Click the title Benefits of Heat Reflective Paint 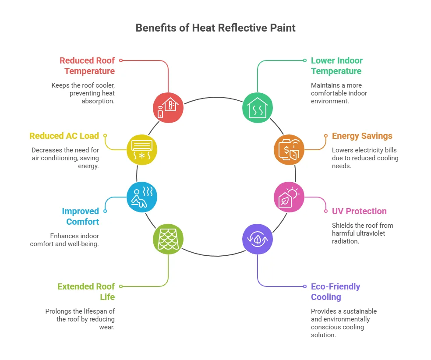tap(215, 28)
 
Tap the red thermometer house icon tap(168, 107)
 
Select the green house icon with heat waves tap(258, 107)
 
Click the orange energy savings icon tap(289, 149)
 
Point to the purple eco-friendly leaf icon tap(258, 239)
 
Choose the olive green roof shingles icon tap(168, 239)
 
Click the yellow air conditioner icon tap(141, 149)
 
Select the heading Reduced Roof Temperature tap(87, 66)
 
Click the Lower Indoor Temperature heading tap(336, 66)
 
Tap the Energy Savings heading tap(362, 136)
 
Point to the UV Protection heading tap(359, 211)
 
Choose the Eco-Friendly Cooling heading tap(336, 292)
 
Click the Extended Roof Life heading tap(86, 292)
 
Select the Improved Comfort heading tap(81, 216)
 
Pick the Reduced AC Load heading tap(64, 136)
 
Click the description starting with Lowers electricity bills tap(365, 158)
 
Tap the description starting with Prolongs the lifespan tap(80, 319)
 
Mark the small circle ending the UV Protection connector tap(326, 211)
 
